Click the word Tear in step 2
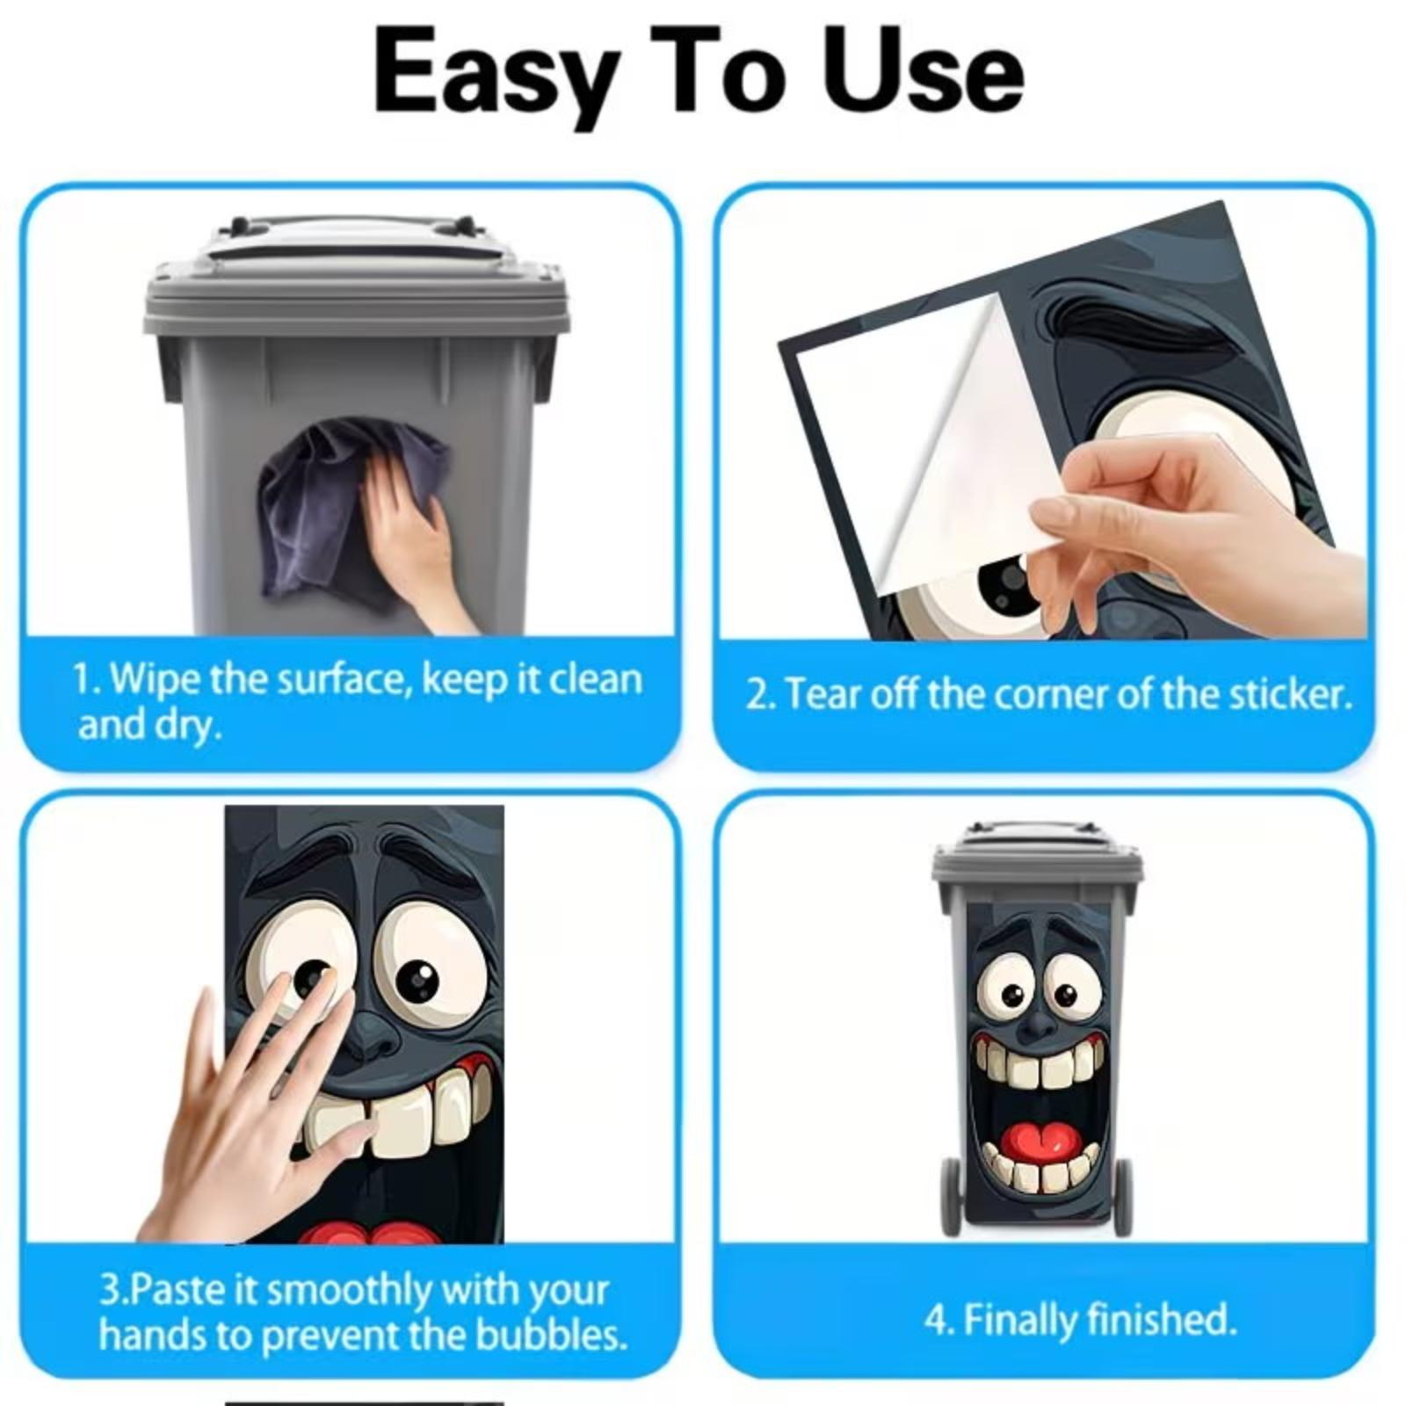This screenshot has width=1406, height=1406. (823, 694)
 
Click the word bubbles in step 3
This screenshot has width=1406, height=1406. (550, 1335)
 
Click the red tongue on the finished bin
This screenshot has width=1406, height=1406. (1040, 1141)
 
